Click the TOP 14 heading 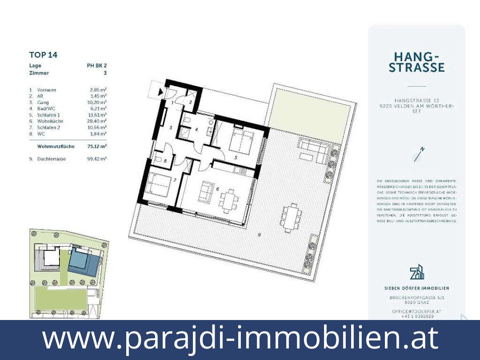[43, 55]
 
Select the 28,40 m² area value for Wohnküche [97, 121]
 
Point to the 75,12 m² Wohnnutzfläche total [97, 146]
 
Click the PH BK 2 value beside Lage [96, 66]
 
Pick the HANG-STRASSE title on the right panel [416, 62]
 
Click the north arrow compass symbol [418, 154]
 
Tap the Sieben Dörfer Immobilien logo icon [416, 272]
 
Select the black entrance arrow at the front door [160, 92]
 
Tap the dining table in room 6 [229, 198]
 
